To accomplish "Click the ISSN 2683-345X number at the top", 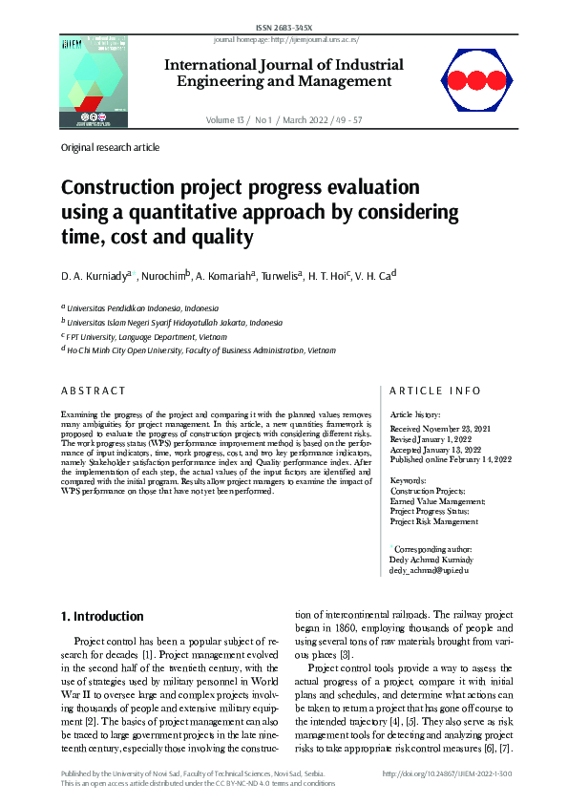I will [284, 29].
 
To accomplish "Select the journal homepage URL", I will [284, 40].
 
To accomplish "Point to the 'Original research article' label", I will [110, 148].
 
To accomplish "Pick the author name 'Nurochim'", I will [162, 277].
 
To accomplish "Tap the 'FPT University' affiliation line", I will [121, 336].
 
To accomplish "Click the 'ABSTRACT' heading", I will [93, 391].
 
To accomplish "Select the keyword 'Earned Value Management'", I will [438, 500].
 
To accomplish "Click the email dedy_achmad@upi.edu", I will [430, 570].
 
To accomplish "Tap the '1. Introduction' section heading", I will [102, 617].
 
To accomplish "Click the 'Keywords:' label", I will [409, 480].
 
